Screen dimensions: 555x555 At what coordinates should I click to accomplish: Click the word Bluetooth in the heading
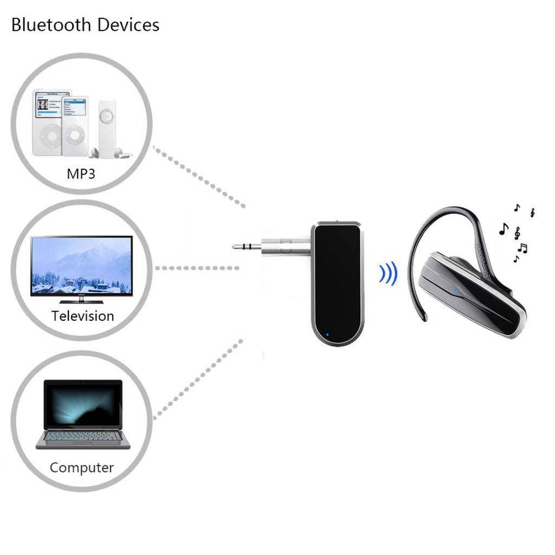coord(46,25)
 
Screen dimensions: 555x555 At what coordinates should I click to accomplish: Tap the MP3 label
coord(81,174)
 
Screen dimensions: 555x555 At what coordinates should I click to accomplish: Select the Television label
coord(82,315)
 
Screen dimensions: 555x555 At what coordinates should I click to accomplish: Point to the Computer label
coord(82,467)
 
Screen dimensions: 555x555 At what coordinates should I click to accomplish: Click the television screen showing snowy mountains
coord(81,265)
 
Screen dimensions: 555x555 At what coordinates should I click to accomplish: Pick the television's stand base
coord(81,301)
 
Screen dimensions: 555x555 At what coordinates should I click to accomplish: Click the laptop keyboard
coord(83,436)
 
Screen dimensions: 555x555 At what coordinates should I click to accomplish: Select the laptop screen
coord(83,404)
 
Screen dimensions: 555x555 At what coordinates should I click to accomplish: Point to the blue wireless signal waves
coord(388,274)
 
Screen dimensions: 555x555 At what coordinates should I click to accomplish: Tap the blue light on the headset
coord(457,291)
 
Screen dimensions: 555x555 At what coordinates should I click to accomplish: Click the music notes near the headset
coord(518,233)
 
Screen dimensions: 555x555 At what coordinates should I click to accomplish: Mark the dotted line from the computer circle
coord(198,379)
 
